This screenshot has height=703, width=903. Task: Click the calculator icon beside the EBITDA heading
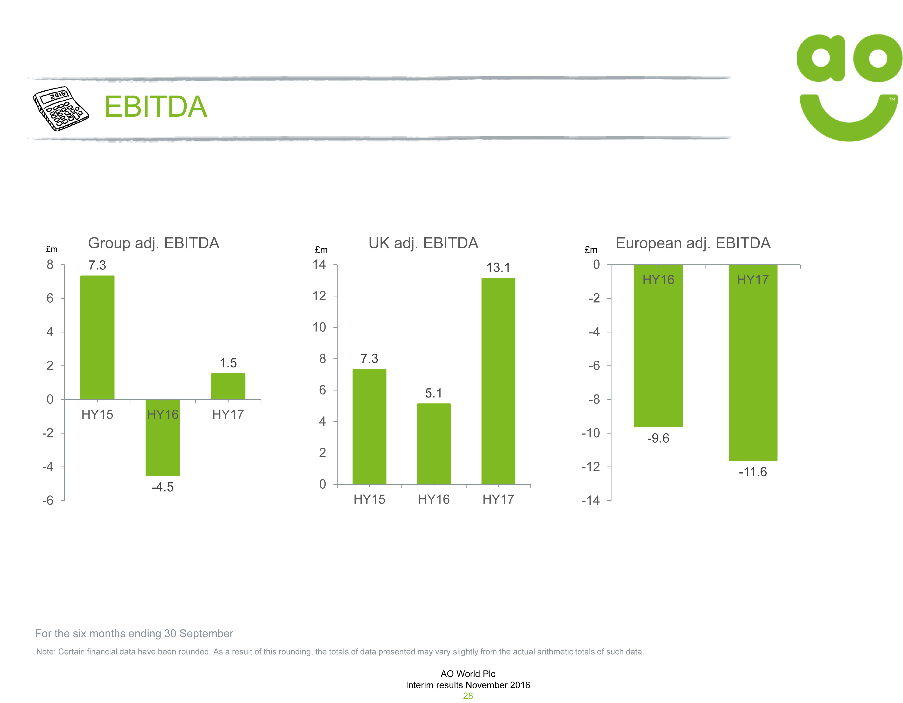(x=60, y=108)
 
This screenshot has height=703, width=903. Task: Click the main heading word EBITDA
(x=155, y=107)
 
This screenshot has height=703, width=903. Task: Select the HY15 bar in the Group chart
(x=97, y=337)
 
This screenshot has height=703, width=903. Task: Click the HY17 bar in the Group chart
(x=228, y=387)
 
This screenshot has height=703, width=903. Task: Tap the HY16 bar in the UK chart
(x=434, y=444)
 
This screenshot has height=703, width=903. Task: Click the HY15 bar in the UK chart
(x=369, y=426)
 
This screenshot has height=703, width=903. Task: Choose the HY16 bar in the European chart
(x=658, y=351)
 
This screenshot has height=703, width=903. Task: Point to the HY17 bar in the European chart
(x=753, y=368)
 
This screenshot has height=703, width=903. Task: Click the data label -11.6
(x=753, y=472)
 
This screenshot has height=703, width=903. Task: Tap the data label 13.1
(x=498, y=267)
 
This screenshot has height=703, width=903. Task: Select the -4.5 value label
(x=162, y=487)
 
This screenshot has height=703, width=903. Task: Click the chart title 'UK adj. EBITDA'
(x=423, y=243)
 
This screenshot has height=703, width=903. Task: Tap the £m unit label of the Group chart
(x=52, y=249)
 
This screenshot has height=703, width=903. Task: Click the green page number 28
(x=468, y=696)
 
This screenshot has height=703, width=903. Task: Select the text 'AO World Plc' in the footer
(x=468, y=674)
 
